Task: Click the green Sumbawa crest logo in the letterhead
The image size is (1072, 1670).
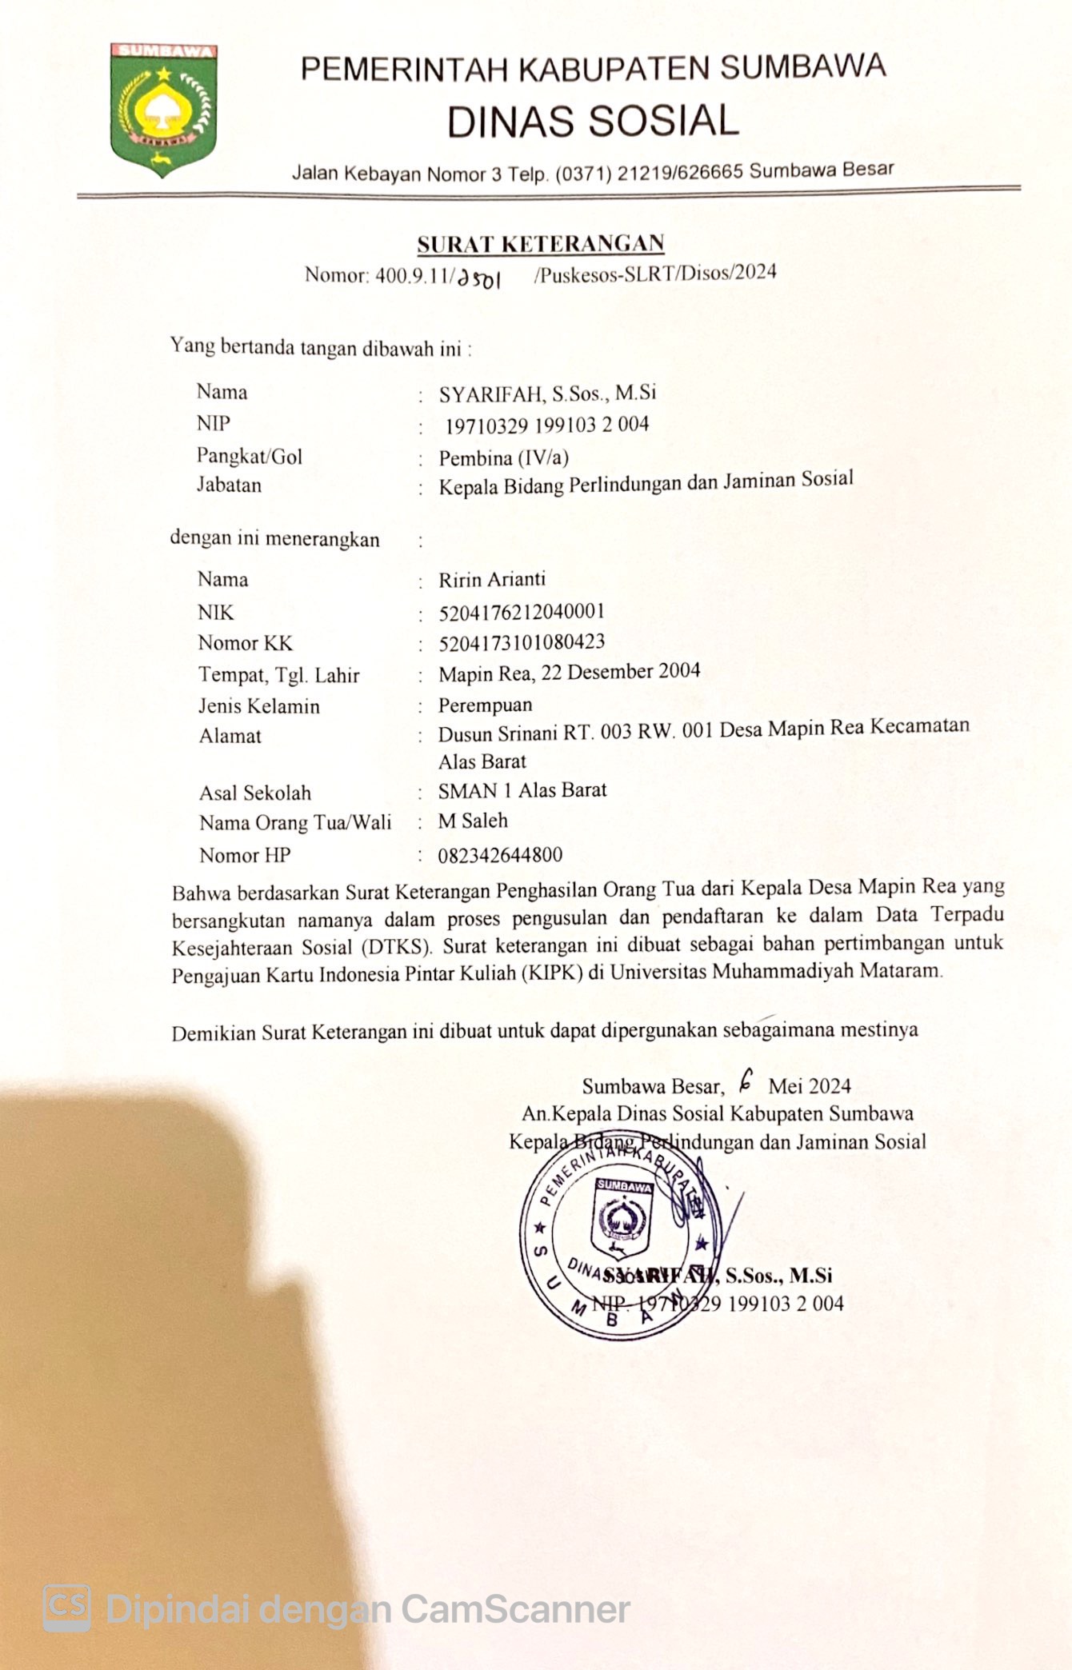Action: coord(163,109)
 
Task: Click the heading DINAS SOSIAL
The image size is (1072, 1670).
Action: coord(593,122)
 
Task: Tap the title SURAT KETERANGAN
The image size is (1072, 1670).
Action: coord(541,243)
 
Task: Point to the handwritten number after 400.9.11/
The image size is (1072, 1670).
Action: coord(478,278)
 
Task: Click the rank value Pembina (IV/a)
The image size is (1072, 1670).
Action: coord(503,457)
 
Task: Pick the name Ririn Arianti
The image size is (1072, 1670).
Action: coord(492,579)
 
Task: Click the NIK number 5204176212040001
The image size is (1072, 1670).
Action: coord(522,612)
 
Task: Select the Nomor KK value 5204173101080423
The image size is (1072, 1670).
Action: coord(522,642)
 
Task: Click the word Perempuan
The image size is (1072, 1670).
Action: coord(485,705)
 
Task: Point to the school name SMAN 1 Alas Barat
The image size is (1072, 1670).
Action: coord(522,790)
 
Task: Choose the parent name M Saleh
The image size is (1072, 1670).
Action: coord(472,821)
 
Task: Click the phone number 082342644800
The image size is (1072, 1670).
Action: coord(500,855)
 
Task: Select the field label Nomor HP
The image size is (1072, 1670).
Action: coord(245,855)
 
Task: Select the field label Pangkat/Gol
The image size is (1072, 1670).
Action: coord(250,456)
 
